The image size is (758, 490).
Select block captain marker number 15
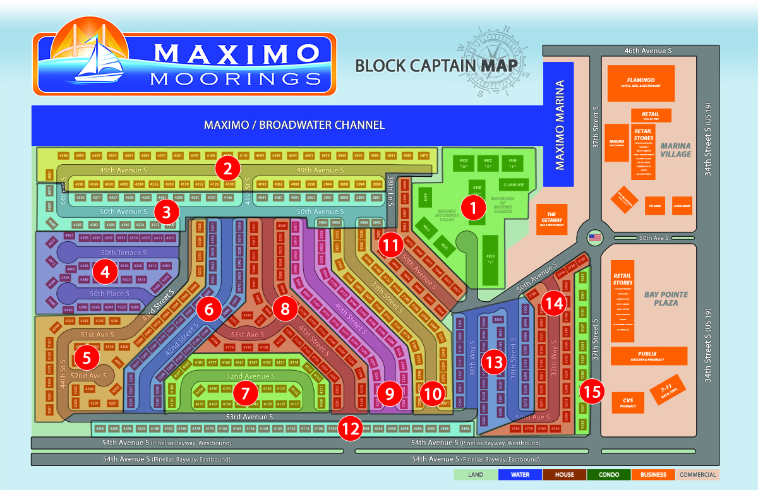coord(591,391)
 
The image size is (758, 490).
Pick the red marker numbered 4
coord(104,272)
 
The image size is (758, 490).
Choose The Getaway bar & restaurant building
coord(551,219)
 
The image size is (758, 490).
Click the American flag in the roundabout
coord(595,237)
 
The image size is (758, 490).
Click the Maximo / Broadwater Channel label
coord(294,125)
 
